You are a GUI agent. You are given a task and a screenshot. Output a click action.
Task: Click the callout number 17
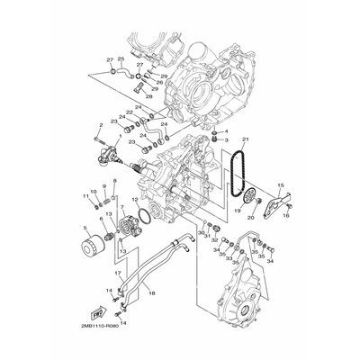117,274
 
